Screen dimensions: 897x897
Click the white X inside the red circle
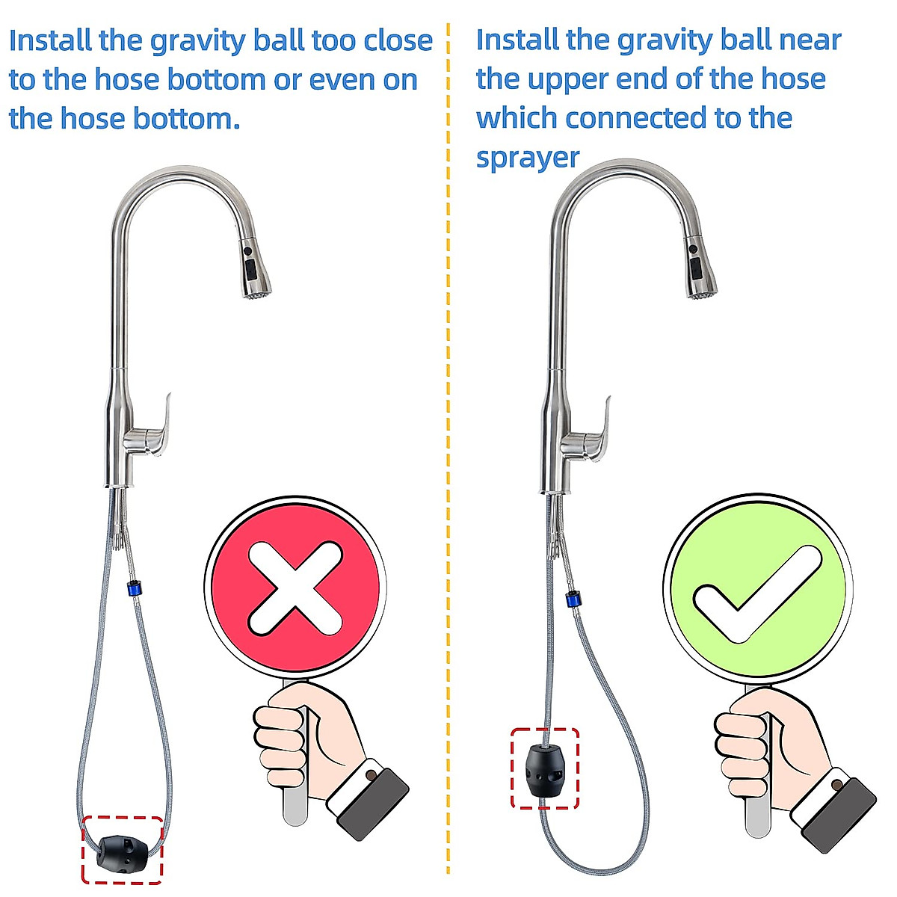(295, 587)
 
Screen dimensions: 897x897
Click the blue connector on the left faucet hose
(134, 588)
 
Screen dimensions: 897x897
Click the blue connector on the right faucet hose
(573, 599)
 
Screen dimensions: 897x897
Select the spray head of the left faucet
(254, 269)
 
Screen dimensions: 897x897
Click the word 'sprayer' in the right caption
(527, 158)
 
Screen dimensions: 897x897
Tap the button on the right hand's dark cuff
(837, 785)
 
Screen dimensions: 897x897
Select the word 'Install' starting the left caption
(49, 40)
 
